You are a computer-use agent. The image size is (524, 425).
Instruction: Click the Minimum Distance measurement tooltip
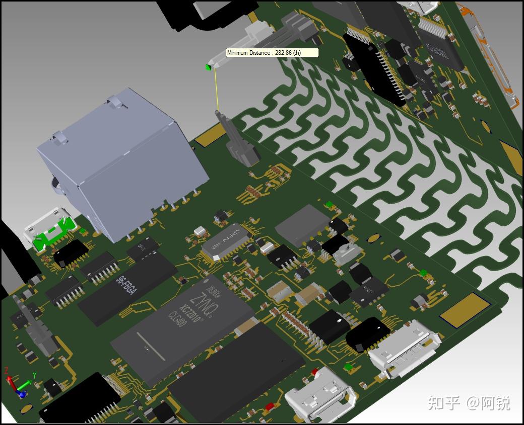click(x=272, y=53)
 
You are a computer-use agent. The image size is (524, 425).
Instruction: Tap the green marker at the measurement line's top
click(x=208, y=67)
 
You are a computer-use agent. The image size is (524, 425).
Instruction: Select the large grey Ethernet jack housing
click(x=121, y=161)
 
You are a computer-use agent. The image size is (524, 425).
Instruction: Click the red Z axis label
click(x=7, y=371)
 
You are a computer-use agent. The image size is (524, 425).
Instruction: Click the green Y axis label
click(x=34, y=375)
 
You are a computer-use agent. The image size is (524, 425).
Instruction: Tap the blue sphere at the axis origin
click(x=22, y=394)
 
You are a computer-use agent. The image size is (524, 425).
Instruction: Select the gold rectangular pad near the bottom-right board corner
click(x=464, y=307)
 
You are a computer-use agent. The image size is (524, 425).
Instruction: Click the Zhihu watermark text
click(x=469, y=403)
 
